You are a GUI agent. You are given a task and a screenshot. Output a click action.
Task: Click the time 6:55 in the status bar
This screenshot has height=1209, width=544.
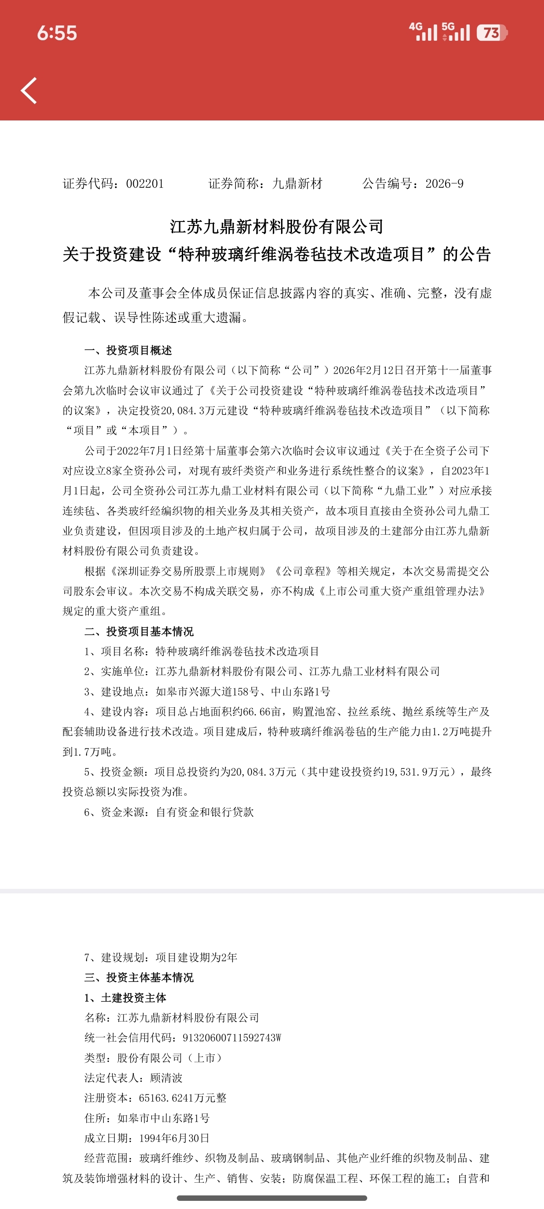tap(57, 34)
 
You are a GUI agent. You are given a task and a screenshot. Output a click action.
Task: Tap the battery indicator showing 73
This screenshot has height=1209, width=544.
tap(491, 33)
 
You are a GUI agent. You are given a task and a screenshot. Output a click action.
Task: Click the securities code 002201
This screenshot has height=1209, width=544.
tap(145, 183)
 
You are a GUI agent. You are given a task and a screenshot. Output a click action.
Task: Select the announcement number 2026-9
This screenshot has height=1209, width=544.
tap(444, 183)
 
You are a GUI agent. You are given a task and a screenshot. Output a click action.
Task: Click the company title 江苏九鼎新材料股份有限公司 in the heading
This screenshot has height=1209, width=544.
tap(277, 227)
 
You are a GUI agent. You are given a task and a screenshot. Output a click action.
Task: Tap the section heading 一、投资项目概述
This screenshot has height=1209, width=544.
tap(128, 350)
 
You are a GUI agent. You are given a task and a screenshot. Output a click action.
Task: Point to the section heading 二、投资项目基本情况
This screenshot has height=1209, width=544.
tap(139, 631)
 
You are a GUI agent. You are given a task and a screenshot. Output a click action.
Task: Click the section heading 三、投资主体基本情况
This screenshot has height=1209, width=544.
tap(139, 977)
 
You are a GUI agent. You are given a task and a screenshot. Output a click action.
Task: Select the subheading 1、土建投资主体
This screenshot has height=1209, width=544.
tap(125, 998)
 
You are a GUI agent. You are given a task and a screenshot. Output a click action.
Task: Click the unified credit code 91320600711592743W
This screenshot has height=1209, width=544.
tap(232, 1038)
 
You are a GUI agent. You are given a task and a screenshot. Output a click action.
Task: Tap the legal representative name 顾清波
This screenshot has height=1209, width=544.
tap(166, 1078)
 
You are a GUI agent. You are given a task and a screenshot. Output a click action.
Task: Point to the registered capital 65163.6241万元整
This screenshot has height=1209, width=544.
tap(183, 1098)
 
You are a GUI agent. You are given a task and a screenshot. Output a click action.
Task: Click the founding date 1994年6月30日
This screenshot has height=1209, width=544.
tap(174, 1138)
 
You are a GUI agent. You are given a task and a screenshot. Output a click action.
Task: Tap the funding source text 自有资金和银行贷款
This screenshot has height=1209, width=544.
tap(205, 812)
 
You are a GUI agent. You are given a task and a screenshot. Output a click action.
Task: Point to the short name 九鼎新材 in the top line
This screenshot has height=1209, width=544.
tap(297, 183)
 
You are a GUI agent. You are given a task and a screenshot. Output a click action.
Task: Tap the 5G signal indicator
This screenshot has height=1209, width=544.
tap(455, 32)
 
